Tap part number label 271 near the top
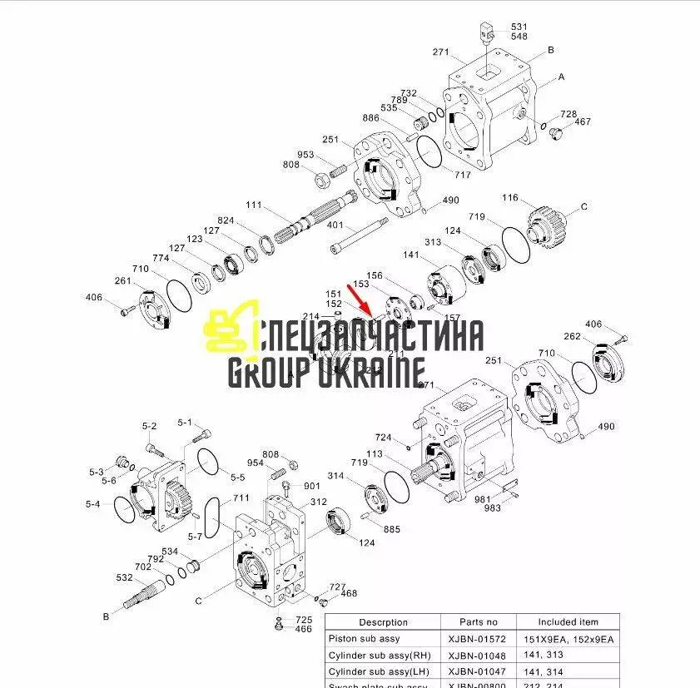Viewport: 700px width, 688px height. coord(441,52)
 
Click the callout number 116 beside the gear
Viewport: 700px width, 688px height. coord(510,199)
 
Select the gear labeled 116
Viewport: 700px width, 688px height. coord(547,222)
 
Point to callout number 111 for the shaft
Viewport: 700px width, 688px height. coord(254,205)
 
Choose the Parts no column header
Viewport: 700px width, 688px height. coord(479,621)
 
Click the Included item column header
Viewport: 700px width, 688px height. coord(568,621)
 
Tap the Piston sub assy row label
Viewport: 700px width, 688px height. coord(365,638)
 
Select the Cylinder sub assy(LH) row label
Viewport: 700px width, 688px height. coord(378,671)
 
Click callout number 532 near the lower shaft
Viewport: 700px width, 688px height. coord(125,577)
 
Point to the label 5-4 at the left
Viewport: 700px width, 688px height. coord(92,504)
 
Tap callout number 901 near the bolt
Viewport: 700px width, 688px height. coord(311,487)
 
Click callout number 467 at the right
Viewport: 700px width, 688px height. coord(583,122)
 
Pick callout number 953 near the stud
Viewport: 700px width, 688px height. coord(306,155)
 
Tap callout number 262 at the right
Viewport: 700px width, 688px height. coord(573,337)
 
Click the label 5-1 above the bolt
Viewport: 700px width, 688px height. coord(184,423)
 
